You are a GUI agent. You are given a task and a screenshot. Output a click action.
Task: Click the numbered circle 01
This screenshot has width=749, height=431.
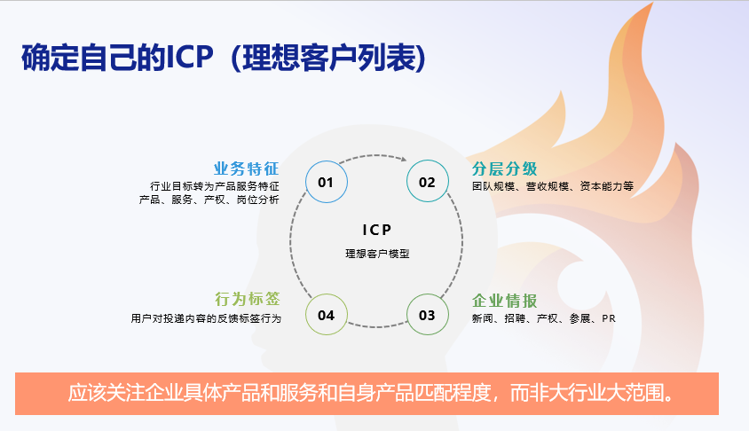(327, 182)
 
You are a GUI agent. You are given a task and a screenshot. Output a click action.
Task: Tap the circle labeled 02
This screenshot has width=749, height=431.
(428, 182)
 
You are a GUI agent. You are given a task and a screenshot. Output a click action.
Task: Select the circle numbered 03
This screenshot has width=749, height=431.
(428, 315)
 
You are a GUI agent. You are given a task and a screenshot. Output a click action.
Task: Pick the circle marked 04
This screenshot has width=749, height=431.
(327, 315)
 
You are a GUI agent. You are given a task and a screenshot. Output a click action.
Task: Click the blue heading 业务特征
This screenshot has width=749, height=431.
(246, 168)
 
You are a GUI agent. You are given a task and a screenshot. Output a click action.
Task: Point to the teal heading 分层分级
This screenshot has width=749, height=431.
(504, 168)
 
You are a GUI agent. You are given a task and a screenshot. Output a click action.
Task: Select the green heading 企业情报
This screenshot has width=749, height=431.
(504, 301)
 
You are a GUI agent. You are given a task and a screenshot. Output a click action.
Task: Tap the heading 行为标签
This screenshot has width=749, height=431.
(248, 299)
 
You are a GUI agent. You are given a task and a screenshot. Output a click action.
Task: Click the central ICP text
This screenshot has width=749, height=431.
(377, 230)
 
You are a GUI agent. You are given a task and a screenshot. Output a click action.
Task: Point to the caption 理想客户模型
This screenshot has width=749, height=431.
(377, 254)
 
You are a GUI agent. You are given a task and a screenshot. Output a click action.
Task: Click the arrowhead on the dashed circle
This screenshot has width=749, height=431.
(404, 159)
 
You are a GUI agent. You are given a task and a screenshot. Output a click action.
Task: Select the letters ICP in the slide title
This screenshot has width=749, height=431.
(189, 58)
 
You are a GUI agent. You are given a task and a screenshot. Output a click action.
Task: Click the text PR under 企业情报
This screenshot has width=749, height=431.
(609, 318)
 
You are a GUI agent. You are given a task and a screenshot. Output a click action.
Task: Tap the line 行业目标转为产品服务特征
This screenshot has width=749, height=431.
(215, 186)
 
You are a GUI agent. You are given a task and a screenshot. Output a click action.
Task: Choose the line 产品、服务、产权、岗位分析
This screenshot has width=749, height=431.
(209, 200)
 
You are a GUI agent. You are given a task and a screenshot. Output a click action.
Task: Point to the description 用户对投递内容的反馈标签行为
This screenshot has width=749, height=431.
(206, 318)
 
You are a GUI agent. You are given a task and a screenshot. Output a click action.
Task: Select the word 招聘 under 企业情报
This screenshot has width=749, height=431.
(515, 318)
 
